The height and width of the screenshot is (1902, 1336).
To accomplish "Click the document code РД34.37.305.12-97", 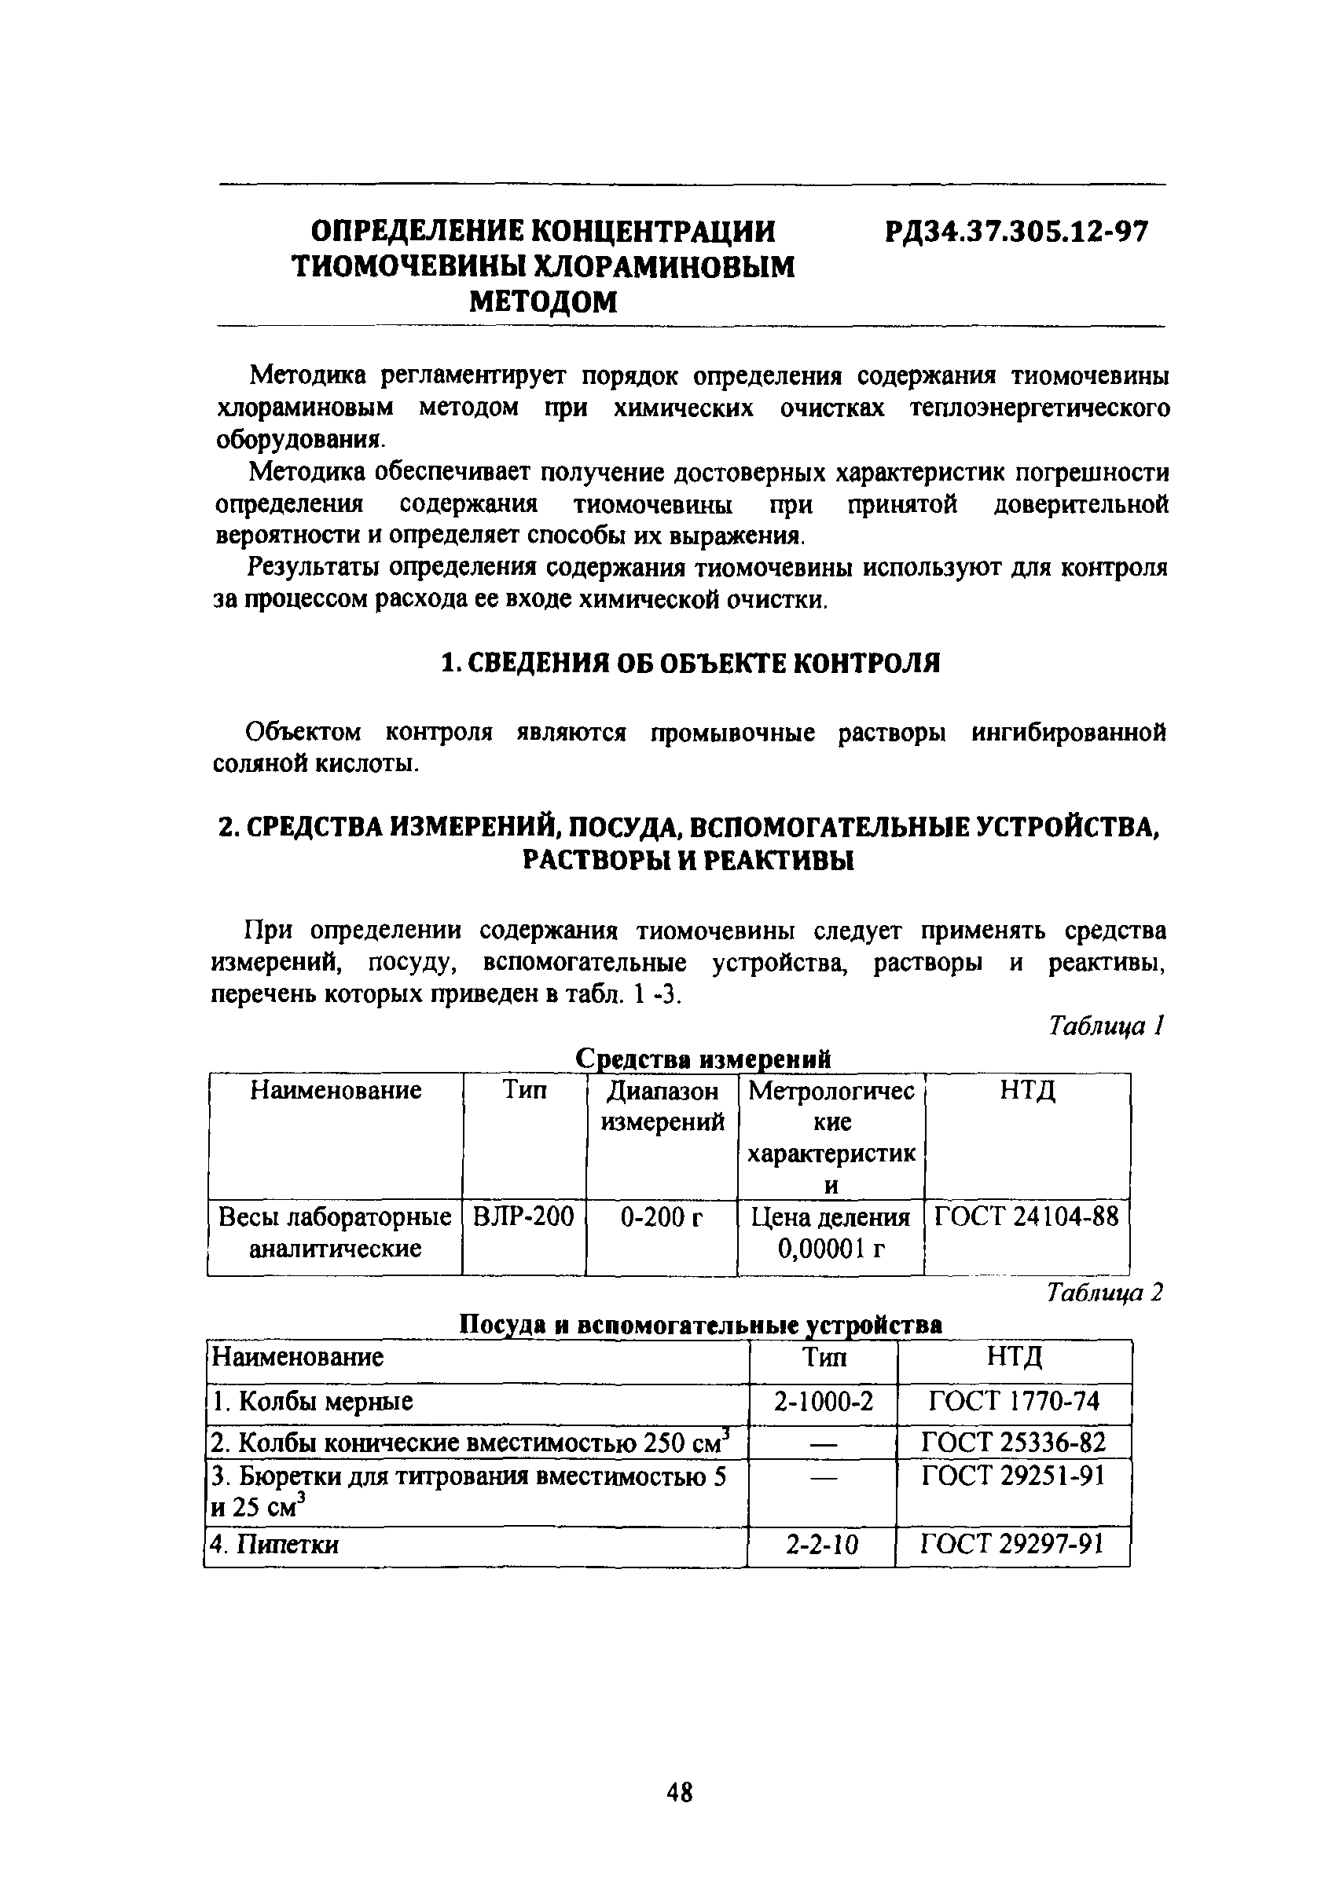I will pyautogui.click(x=1016, y=232).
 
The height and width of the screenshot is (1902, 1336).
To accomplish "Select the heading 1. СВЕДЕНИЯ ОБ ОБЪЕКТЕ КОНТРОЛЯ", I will pyautogui.click(x=689, y=663).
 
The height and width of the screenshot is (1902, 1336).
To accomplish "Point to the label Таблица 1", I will pyautogui.click(x=1107, y=1026).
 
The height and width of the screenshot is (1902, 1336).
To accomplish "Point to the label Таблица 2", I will pyautogui.click(x=1105, y=1293).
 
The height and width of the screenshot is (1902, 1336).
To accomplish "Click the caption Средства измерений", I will pyautogui.click(x=702, y=1059).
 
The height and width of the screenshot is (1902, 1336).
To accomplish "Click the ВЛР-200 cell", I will pyautogui.click(x=523, y=1216).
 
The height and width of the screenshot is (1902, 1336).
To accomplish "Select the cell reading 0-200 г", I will pyautogui.click(x=662, y=1216).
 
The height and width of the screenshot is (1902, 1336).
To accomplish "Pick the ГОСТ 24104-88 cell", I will pyautogui.click(x=1026, y=1216).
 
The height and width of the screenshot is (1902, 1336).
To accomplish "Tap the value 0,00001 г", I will pyautogui.click(x=831, y=1248).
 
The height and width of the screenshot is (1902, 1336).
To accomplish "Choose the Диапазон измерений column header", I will pyautogui.click(x=662, y=1106).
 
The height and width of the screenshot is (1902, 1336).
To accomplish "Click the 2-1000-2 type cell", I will pyautogui.click(x=823, y=1401).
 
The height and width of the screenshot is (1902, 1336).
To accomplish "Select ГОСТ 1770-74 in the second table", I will pyautogui.click(x=1014, y=1401).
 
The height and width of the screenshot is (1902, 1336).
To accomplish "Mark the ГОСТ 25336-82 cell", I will pyautogui.click(x=1014, y=1443).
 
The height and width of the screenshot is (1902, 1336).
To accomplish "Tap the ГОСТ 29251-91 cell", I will pyautogui.click(x=1014, y=1476).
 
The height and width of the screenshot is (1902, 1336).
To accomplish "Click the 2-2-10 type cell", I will pyautogui.click(x=821, y=1544).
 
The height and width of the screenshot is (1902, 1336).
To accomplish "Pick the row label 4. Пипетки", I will pyautogui.click(x=275, y=1544).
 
